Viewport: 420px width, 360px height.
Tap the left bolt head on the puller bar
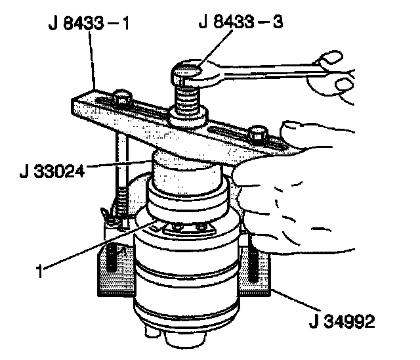click(x=120, y=101)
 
